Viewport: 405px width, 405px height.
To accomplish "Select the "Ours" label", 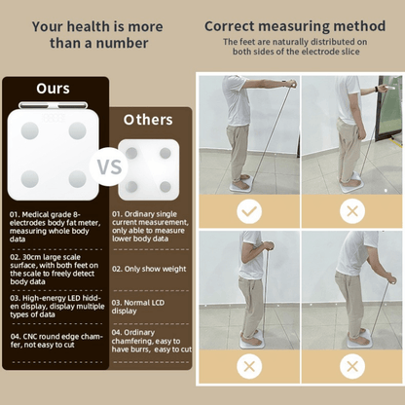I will (53, 89).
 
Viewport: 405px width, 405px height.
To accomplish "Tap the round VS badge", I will (107, 166).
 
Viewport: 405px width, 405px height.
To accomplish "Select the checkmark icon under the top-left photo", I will (249, 209).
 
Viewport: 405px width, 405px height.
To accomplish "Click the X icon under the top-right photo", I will (351, 209).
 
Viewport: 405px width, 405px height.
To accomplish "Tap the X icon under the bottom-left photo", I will (249, 366).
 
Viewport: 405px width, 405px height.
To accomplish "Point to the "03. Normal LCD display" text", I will (146, 308).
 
